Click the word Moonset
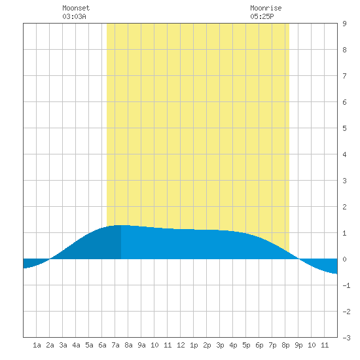[76, 8]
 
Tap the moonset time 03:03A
[74, 16]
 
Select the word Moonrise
[266, 8]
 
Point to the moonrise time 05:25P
[262, 16]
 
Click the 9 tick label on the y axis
[344, 24]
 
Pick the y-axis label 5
[344, 128]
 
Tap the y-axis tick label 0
[344, 259]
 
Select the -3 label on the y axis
[346, 338]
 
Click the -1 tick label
[346, 285]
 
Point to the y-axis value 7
[344, 76]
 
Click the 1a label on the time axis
[37, 345]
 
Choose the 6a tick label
[102, 345]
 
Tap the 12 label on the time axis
[181, 345]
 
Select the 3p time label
[220, 345]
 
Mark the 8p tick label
[285, 345]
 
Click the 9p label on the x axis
[298, 345]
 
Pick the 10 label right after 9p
[312, 345]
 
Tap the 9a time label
[141, 345]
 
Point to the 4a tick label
[76, 345]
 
